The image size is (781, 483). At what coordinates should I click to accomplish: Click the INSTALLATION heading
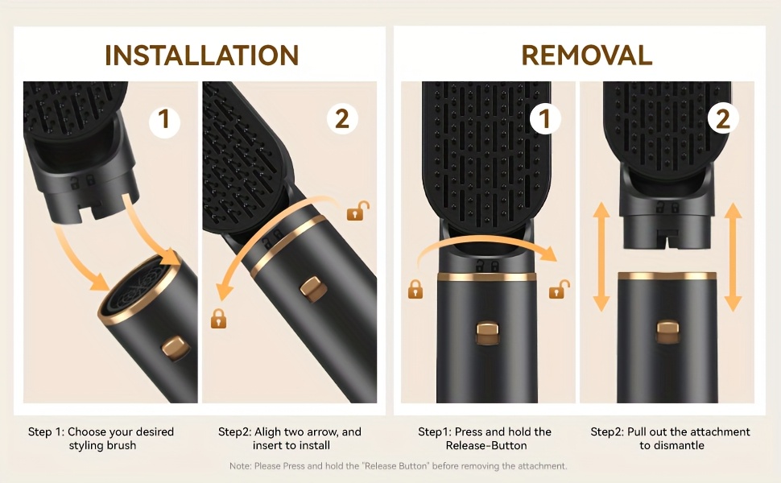[202, 56]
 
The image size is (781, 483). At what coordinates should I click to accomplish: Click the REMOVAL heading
[587, 56]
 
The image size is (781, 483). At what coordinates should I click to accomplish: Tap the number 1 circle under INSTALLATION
[164, 119]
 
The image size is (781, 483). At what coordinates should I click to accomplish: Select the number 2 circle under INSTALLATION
[342, 119]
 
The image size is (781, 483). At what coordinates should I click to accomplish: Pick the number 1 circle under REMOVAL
[545, 119]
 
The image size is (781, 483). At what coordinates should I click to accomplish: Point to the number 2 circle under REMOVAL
[723, 119]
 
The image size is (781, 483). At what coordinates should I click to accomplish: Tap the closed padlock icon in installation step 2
[219, 319]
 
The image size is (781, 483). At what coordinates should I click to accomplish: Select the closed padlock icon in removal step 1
[415, 289]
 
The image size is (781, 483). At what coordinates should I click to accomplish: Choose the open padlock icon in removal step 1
[559, 289]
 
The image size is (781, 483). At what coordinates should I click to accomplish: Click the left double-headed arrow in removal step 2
[601, 257]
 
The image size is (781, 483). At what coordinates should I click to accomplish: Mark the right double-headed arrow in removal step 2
[733, 257]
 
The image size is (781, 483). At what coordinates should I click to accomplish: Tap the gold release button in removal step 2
[667, 332]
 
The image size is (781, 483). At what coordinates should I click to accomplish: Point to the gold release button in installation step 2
[312, 289]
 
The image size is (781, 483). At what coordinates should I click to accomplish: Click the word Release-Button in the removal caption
[486, 446]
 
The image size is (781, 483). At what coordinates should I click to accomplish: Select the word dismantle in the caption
[679, 446]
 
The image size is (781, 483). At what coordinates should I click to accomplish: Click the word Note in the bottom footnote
[240, 466]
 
